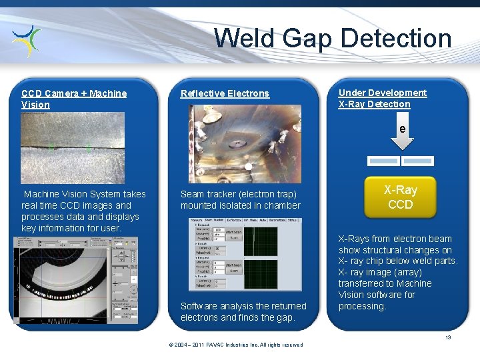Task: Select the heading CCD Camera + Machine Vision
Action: click(73, 99)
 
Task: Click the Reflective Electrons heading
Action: click(225, 93)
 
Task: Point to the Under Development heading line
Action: click(382, 93)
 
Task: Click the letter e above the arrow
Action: click(402, 129)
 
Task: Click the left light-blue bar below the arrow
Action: click(383, 161)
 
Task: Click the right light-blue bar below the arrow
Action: click(418, 161)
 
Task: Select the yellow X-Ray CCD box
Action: click(400, 197)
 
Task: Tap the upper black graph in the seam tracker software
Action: click(261, 241)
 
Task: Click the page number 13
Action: click(449, 337)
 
